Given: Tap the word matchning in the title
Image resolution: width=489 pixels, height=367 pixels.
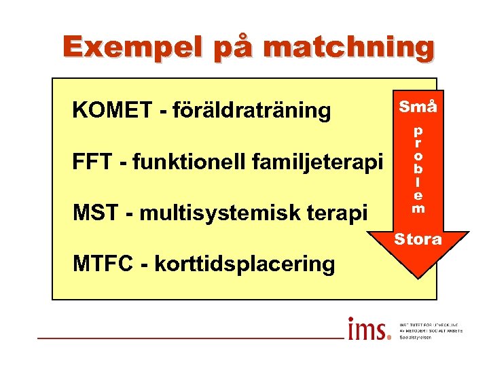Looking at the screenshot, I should tap(348, 46).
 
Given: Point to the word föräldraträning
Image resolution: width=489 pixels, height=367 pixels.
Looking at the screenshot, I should tap(251, 109).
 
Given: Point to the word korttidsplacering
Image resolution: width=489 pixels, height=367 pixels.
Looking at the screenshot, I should tap(244, 264).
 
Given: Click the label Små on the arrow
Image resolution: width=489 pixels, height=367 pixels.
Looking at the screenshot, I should tap(418, 107).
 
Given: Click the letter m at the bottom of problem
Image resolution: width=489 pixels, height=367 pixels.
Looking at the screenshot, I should tap(418, 209).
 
